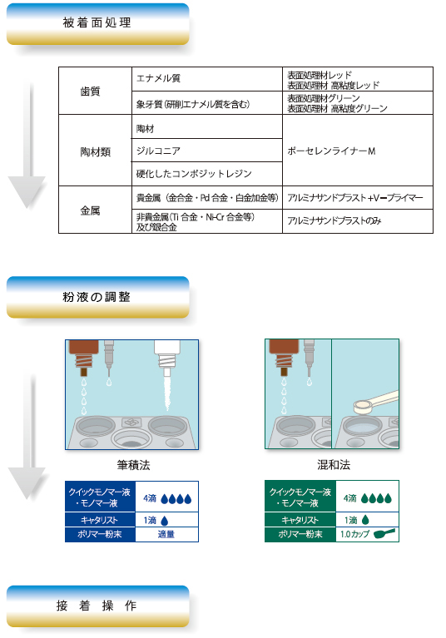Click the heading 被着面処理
click(97, 22)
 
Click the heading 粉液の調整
click(97, 296)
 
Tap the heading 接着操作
click(97, 605)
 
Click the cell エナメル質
click(158, 79)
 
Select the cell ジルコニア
click(158, 151)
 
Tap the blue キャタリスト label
click(100, 519)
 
